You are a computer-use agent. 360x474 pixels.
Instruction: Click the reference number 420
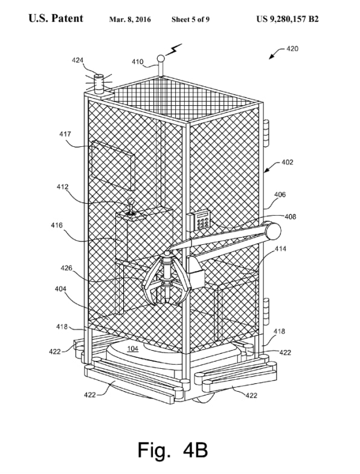tap(292, 48)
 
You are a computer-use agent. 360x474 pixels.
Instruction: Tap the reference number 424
tap(77, 60)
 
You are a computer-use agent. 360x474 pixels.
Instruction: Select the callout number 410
tap(138, 62)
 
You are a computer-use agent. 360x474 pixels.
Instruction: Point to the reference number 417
tap(65, 134)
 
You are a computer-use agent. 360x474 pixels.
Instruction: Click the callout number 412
tap(63, 187)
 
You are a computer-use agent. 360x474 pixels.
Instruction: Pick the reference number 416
tap(57, 225)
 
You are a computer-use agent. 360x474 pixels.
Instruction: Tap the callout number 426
tap(66, 268)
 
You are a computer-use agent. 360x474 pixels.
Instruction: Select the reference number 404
tap(60, 289)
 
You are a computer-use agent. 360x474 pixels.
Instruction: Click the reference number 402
tap(288, 162)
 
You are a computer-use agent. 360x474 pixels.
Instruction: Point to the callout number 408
tap(290, 216)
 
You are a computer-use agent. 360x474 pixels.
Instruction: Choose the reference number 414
tap(280, 248)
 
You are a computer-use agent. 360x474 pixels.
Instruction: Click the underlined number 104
tap(133, 349)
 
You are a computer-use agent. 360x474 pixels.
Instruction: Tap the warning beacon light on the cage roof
tap(98, 83)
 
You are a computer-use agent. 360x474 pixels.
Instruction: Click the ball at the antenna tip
tap(161, 58)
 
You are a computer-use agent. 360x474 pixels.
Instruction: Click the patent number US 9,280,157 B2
tap(288, 19)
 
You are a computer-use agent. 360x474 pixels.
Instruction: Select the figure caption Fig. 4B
tap(173, 450)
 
